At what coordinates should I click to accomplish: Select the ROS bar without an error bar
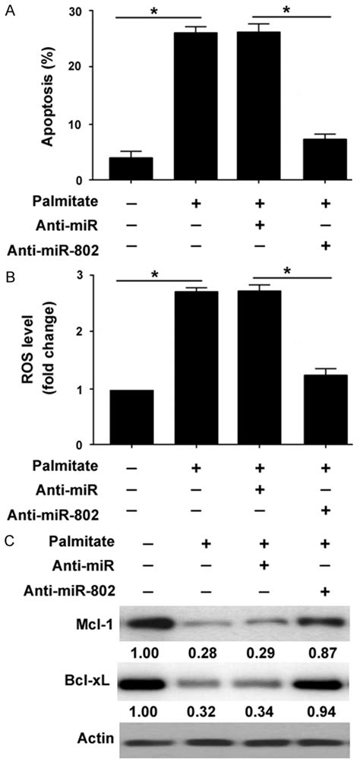point(131,417)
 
